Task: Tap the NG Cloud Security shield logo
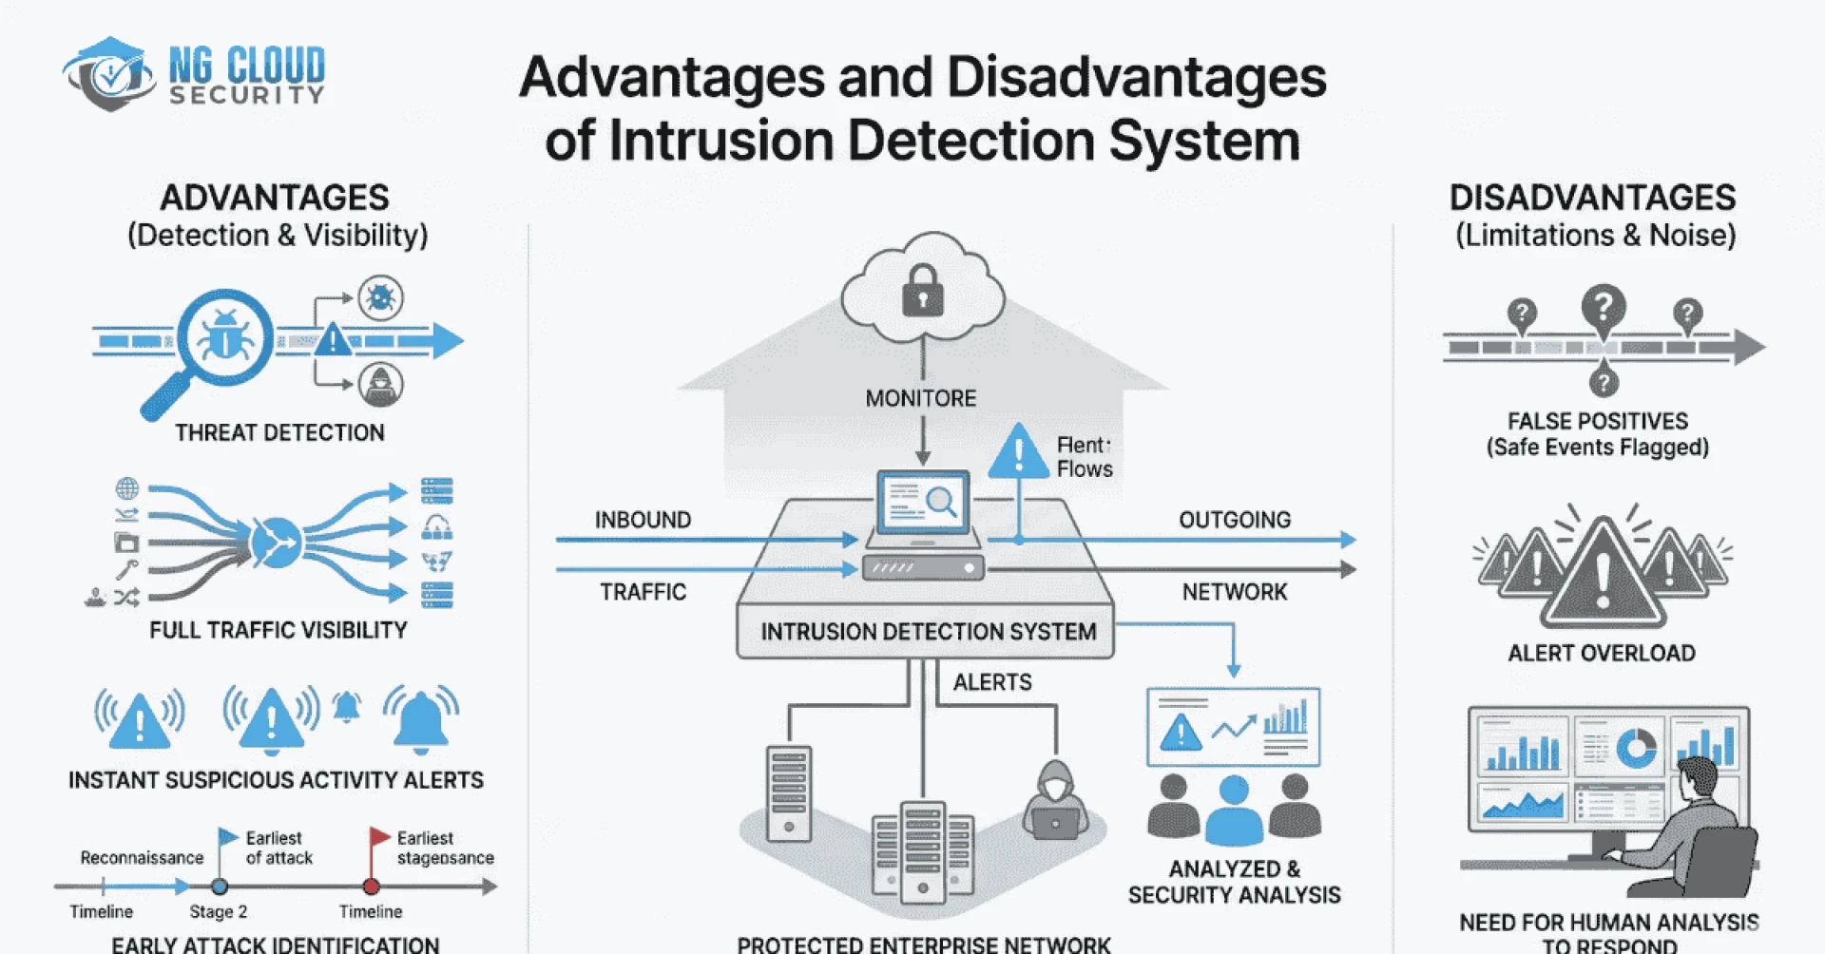click(110, 74)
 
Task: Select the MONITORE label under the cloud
click(920, 398)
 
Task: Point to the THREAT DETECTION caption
click(279, 433)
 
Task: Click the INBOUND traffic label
click(643, 520)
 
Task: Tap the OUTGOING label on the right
click(1235, 520)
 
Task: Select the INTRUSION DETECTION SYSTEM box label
click(928, 632)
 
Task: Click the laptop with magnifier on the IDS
click(922, 504)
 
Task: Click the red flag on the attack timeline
click(379, 837)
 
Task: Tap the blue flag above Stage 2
click(227, 837)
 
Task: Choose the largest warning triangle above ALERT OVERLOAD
click(1603, 575)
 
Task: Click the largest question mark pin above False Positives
click(1604, 310)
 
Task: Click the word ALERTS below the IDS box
click(992, 682)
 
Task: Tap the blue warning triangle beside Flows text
click(1018, 452)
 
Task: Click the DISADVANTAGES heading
click(1592, 198)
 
